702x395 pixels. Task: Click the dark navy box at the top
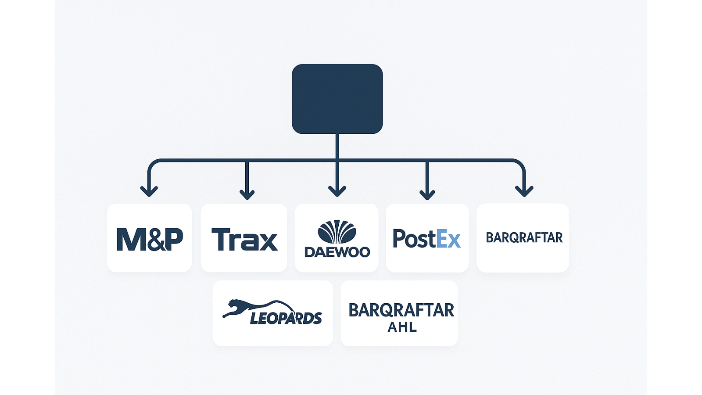pyautogui.click(x=337, y=99)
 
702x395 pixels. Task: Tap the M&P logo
pyautogui.click(x=150, y=239)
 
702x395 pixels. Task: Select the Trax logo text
pyautogui.click(x=245, y=239)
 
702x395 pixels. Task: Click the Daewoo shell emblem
pyautogui.click(x=337, y=232)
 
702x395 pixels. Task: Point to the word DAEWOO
pyautogui.click(x=337, y=252)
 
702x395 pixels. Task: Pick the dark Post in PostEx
pyautogui.click(x=415, y=239)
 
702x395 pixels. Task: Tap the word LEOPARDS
pyautogui.click(x=286, y=318)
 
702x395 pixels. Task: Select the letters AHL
pyautogui.click(x=402, y=327)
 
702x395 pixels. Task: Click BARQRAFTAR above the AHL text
pyautogui.click(x=401, y=310)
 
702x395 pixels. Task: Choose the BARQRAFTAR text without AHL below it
pyautogui.click(x=524, y=237)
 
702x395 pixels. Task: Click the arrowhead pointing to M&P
pyautogui.click(x=149, y=191)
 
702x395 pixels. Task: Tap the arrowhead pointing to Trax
pyautogui.click(x=247, y=194)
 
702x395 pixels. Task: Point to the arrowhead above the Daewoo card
pyautogui.click(x=337, y=191)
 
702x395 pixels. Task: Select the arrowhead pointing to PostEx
pyautogui.click(x=427, y=194)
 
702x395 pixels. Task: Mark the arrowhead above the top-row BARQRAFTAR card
pyautogui.click(x=524, y=191)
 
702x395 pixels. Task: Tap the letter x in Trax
pyautogui.click(x=268, y=242)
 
